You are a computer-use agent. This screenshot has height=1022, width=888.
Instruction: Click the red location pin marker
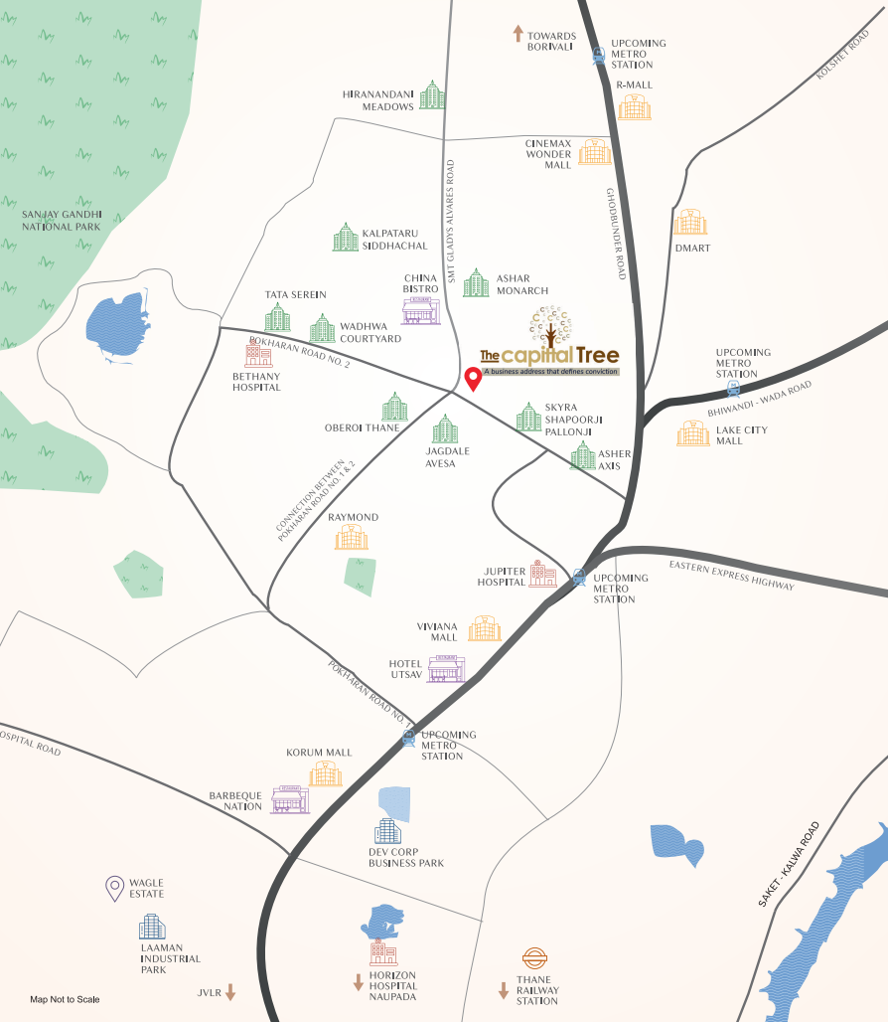coord(474,380)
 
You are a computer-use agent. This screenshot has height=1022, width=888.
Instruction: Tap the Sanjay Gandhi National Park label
coord(63,220)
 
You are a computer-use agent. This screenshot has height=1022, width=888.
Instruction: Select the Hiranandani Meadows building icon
coord(432,95)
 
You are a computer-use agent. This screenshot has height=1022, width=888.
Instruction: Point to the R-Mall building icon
coord(635,106)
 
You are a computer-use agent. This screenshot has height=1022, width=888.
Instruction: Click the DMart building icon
coord(690,223)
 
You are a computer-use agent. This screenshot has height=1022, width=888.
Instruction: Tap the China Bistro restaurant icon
coord(420,311)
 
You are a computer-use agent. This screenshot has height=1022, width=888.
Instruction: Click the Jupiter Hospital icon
coord(542,574)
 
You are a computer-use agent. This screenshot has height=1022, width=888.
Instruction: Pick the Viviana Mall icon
coord(485,628)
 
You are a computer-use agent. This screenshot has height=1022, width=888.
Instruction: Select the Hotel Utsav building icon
coord(446,669)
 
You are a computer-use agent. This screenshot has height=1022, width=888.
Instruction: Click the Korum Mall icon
coord(325,774)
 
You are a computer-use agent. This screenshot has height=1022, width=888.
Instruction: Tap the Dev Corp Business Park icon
coord(387,831)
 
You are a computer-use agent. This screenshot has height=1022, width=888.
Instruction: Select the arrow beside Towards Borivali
coord(518,34)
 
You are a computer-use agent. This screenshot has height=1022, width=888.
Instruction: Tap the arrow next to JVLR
coord(230,991)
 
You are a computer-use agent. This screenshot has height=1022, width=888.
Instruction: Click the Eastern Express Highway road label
coord(731,575)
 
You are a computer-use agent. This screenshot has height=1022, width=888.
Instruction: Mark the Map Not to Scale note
coord(65,999)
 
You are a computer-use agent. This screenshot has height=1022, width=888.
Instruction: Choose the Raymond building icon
coord(352,538)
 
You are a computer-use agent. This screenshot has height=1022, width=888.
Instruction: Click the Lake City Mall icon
coord(693,433)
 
